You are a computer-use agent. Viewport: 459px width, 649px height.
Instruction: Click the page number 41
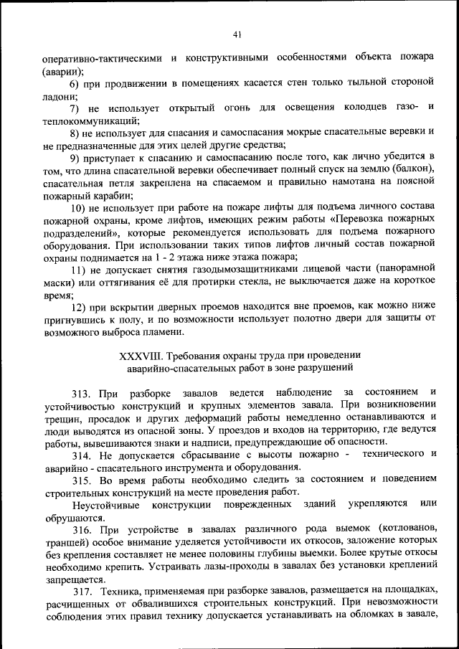coord(237,34)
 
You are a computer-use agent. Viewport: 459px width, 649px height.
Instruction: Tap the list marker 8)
coord(75,133)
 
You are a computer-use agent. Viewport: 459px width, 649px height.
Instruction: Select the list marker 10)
coord(77,207)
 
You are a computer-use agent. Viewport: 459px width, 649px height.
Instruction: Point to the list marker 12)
coord(78,307)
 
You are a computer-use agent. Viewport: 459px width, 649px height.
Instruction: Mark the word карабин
coord(107,195)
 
